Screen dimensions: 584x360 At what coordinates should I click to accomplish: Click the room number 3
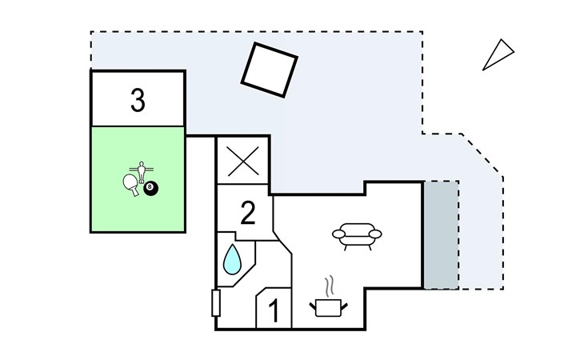[138, 100]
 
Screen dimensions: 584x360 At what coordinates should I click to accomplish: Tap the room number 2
[248, 213]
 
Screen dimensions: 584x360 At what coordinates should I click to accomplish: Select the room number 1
[274, 311]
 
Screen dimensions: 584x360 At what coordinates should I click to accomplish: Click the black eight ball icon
[151, 189]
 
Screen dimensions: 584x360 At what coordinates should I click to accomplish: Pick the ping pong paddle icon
[130, 184]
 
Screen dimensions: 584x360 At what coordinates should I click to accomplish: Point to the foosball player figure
[141, 172]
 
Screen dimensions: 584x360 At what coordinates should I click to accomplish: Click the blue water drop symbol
[232, 259]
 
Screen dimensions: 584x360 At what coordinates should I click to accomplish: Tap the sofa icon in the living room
[357, 236]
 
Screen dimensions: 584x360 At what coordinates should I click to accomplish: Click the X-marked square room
[243, 161]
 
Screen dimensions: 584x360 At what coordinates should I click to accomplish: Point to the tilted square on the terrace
[270, 70]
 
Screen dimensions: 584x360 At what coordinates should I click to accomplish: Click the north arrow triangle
[498, 54]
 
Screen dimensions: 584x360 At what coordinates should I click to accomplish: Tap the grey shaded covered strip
[442, 235]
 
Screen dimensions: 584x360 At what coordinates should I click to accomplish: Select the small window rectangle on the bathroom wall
[216, 303]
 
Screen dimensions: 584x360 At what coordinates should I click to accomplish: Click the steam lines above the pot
[329, 286]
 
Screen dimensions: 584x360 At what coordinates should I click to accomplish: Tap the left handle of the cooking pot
[313, 306]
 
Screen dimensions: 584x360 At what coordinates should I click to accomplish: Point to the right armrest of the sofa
[375, 234]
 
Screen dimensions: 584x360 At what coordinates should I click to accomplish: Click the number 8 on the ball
[150, 186]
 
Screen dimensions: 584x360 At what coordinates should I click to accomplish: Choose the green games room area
[138, 179]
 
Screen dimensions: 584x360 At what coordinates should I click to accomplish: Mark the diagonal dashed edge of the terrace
[482, 155]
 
